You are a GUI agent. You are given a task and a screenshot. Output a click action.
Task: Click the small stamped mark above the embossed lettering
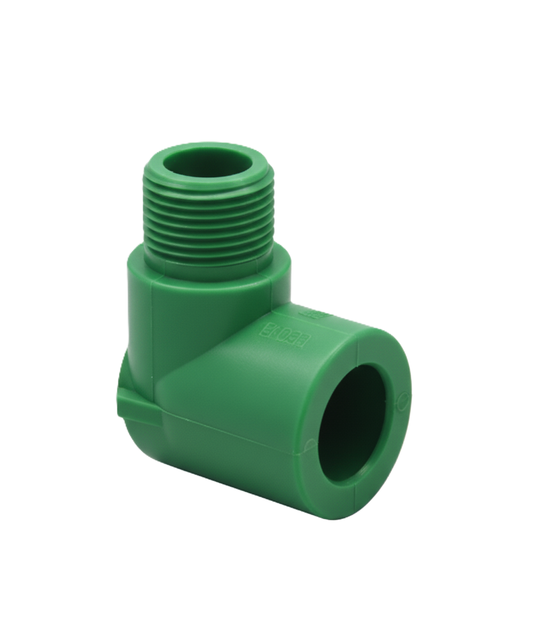click(x=315, y=314)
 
